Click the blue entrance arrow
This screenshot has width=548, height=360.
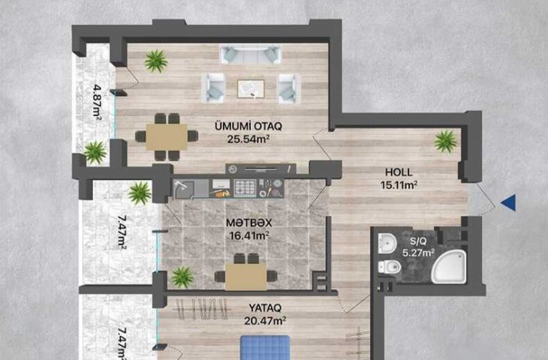point(509,202)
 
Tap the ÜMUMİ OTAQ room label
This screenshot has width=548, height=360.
point(248,126)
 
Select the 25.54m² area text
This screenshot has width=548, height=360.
point(248,139)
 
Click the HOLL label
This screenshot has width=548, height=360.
point(399,172)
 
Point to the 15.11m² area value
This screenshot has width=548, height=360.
point(399,184)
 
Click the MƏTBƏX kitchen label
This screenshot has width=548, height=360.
point(248,223)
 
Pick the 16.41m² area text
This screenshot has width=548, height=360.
point(248,235)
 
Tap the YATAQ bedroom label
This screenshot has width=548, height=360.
point(265,308)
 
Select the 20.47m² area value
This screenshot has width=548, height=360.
point(266,320)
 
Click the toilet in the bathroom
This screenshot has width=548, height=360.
point(390,267)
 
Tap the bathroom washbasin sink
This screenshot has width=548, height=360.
point(387,242)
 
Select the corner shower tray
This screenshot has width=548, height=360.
point(449,266)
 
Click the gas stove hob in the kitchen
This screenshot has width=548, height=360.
point(245,187)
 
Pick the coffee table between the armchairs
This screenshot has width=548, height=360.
point(251,88)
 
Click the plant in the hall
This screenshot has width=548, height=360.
point(446,142)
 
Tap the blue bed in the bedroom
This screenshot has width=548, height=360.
point(266,347)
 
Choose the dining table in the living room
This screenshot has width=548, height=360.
point(167,136)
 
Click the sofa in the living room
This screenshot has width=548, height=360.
point(251,55)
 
